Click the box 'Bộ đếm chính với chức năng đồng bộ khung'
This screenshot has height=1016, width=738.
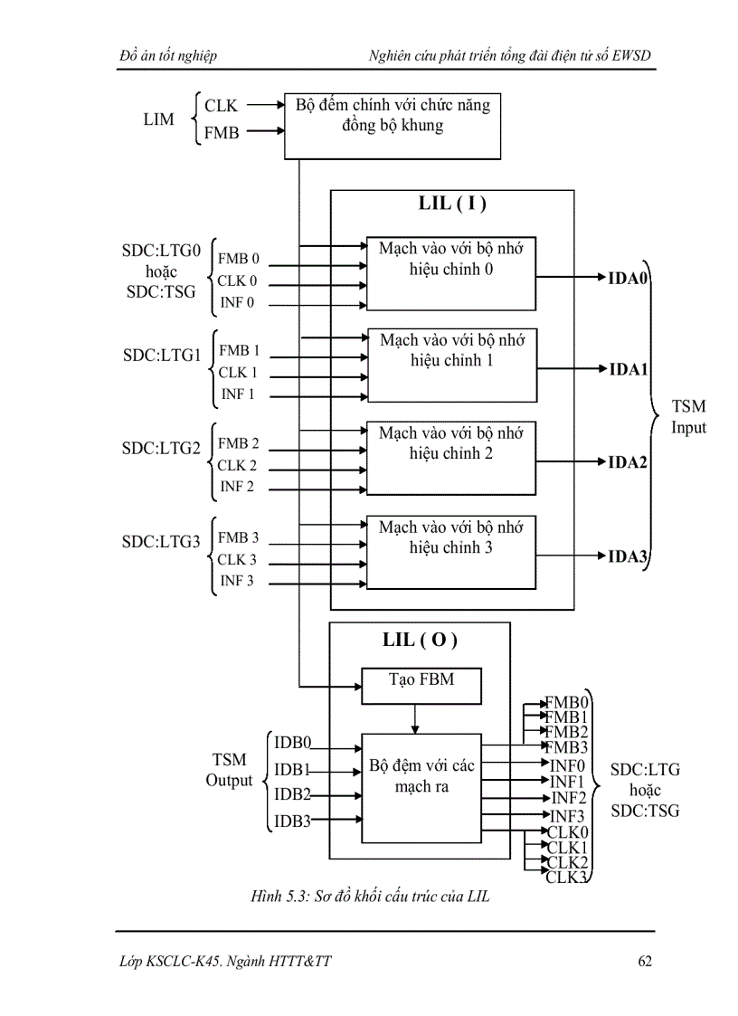[x=393, y=125]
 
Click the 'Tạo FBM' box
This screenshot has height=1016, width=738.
[x=421, y=686]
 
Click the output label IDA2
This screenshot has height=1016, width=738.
[x=628, y=463]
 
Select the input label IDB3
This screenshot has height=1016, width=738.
[x=292, y=821]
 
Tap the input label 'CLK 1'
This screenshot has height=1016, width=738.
[x=238, y=373]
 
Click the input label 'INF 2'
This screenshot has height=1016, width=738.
[x=237, y=487]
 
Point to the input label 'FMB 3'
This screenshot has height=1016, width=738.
[x=238, y=538]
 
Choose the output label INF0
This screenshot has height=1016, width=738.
[x=567, y=765]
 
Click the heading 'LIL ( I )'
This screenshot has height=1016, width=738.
[x=452, y=204]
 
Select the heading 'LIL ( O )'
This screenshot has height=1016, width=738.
[x=420, y=641]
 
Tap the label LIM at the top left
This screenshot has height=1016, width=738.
[x=158, y=119]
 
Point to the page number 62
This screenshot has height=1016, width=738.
[x=644, y=961]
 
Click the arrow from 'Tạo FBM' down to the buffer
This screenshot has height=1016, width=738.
[x=415, y=718]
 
